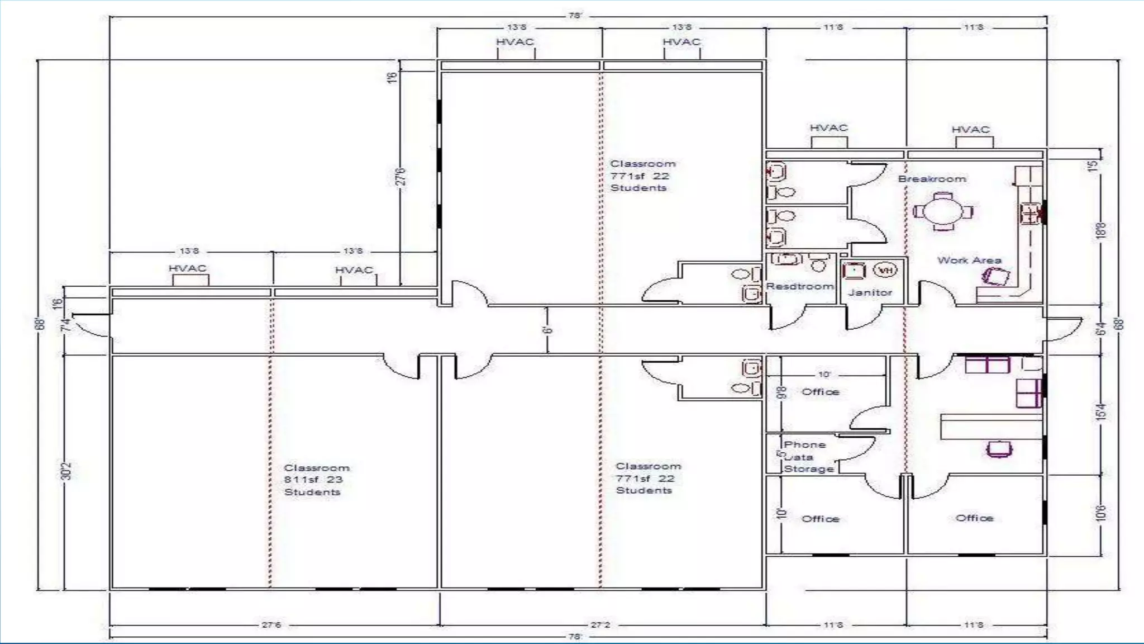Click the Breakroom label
pos(932,179)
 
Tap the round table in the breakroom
pos(943,211)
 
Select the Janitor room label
pos(870,292)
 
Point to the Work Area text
pos(969,260)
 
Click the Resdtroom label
pos(799,286)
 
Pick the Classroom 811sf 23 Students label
pos(316,480)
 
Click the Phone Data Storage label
pos(808,457)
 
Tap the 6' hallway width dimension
pos(547,330)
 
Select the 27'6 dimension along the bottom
pos(271,624)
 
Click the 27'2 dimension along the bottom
pos(600,624)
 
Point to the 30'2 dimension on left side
pos(66,470)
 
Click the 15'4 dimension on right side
pos(1101,413)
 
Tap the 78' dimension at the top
pos(575,16)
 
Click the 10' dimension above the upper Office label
pos(824,374)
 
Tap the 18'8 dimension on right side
pos(1101,230)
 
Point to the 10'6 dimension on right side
pos(1101,513)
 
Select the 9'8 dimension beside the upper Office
pos(783,392)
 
